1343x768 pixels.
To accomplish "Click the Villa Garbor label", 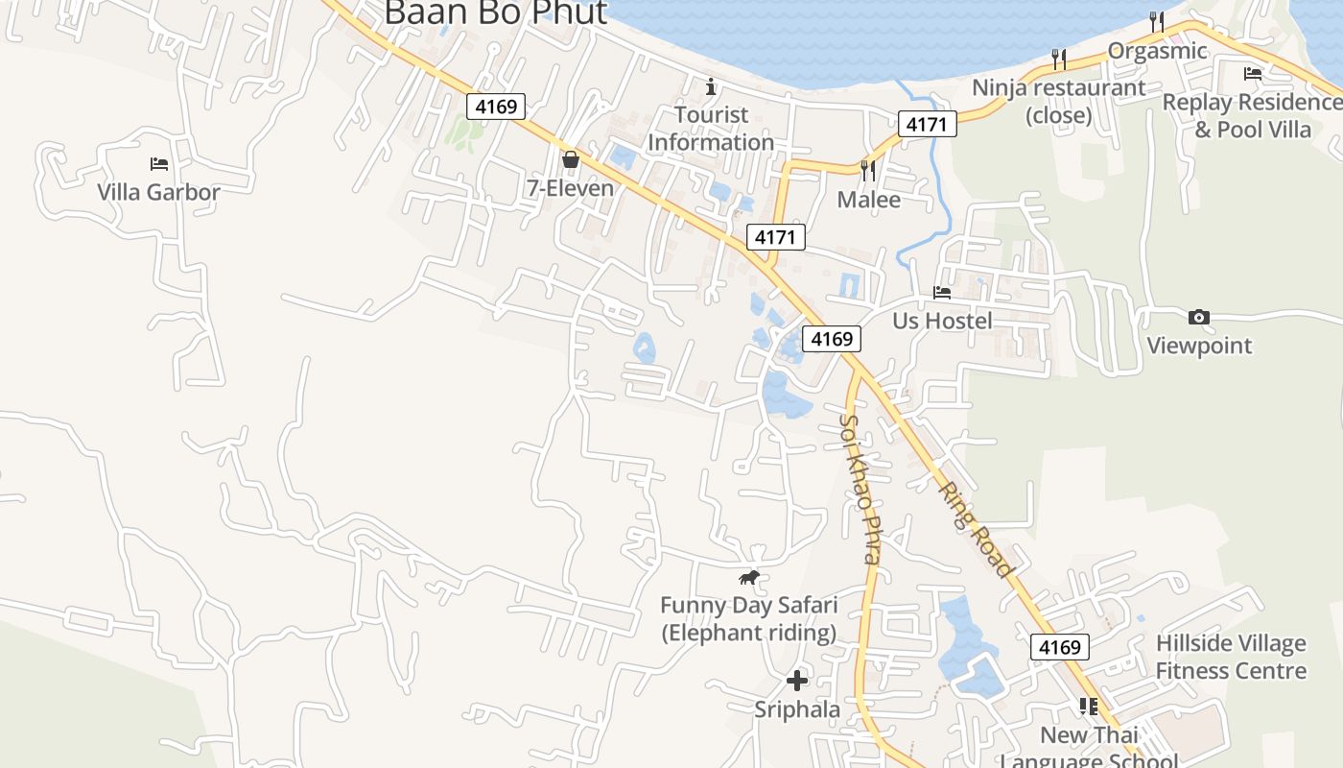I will [x=158, y=192].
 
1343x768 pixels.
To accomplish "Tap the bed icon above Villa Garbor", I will [x=159, y=164].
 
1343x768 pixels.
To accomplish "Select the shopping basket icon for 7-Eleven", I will [x=571, y=159].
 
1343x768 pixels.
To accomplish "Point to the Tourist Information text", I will [x=710, y=129].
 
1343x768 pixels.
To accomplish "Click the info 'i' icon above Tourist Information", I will [x=711, y=87].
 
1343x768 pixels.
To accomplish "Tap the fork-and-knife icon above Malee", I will [x=868, y=171].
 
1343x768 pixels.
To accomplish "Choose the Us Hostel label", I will [x=942, y=321].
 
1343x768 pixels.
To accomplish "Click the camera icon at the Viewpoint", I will [x=1198, y=318].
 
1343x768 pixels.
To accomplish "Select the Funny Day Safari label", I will [x=748, y=619].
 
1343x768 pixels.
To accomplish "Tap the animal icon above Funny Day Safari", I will [x=749, y=577].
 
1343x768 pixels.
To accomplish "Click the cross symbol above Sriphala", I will [x=796, y=681].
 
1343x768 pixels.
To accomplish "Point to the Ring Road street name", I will [x=975, y=529].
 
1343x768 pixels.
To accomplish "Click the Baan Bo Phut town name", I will [x=495, y=13].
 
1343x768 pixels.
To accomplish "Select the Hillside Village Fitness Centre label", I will [x=1231, y=657].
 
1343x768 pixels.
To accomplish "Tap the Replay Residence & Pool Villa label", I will [x=1252, y=115].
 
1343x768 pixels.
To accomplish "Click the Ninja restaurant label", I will [x=1059, y=101].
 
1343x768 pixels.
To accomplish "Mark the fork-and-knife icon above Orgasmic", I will [x=1157, y=21].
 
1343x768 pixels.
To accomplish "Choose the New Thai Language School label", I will [x=1089, y=748].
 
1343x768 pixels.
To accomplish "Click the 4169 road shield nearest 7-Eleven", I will [x=497, y=106].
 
